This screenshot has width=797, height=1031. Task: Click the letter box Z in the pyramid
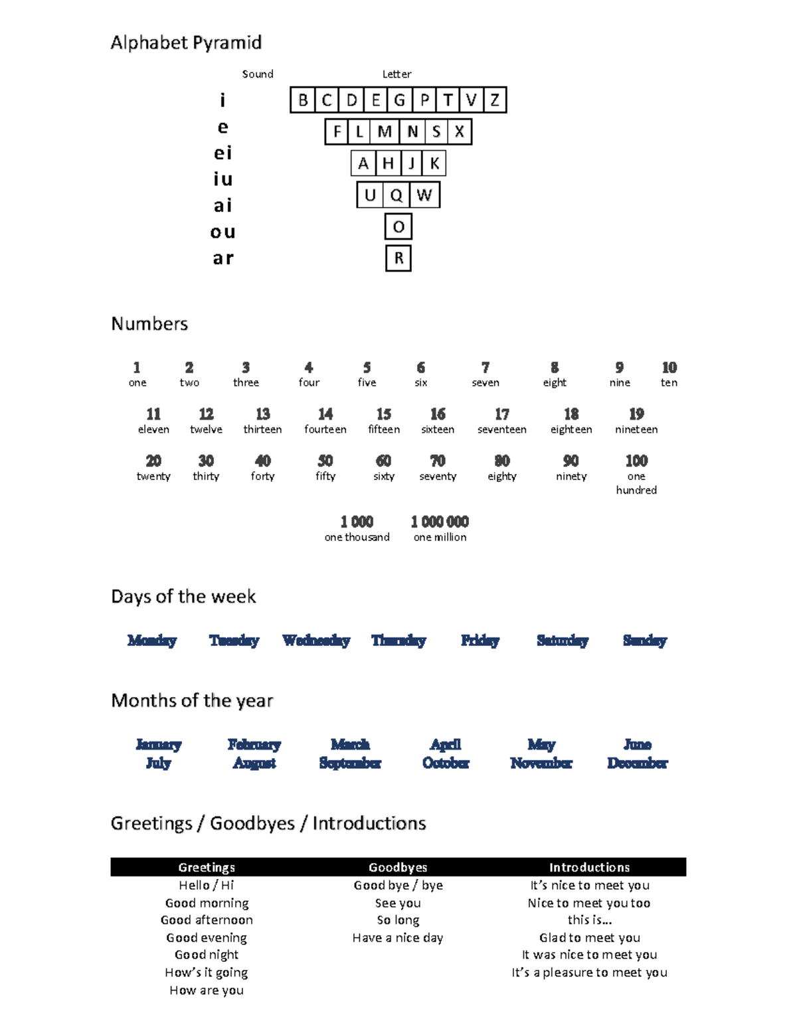(495, 100)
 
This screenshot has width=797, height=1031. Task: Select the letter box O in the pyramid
(398, 227)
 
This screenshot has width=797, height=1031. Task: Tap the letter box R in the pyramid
(398, 258)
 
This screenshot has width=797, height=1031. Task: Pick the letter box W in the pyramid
(424, 195)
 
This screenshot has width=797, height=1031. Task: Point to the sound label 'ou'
(223, 232)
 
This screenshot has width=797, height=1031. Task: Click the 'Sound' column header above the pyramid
(258, 74)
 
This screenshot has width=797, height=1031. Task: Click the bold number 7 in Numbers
(486, 368)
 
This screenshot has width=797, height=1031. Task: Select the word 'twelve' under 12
(206, 430)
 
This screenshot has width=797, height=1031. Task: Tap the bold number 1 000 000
(440, 522)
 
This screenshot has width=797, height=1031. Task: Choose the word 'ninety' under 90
(571, 476)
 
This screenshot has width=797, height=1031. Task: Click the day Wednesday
(316, 641)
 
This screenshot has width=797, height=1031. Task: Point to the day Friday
(480, 641)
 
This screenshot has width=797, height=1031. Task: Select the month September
(350, 763)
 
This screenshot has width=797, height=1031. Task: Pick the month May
(541, 745)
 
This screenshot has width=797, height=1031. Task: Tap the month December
(637, 763)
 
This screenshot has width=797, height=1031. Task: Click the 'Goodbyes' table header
(398, 867)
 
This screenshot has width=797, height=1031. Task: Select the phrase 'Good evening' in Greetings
(207, 937)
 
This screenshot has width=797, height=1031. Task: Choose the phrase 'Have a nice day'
(398, 937)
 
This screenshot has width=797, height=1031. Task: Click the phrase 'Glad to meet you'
(590, 937)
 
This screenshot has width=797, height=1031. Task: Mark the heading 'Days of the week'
(183, 596)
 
